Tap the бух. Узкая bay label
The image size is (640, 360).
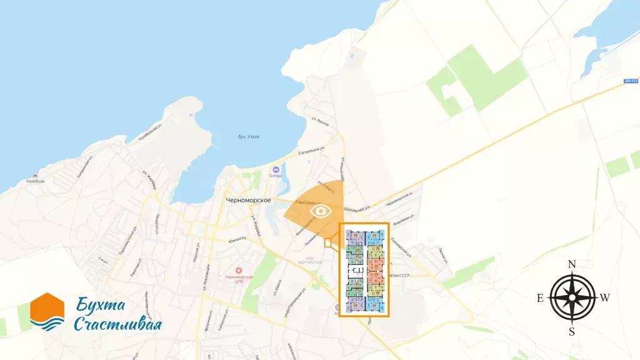tap(249, 137)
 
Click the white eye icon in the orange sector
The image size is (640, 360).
tap(321, 211)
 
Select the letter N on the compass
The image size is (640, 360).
tap(572, 264)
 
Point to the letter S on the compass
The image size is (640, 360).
tap(572, 332)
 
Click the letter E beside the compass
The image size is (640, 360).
tap(541, 298)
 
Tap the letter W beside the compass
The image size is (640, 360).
tap(605, 298)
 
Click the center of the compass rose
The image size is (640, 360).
tap(572, 298)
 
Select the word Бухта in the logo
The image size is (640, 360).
tap(101, 306)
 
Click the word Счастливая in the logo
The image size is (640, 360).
tap(117, 324)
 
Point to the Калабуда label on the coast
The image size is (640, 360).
tap(36, 181)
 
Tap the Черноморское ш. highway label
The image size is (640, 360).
tap(399, 202)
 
